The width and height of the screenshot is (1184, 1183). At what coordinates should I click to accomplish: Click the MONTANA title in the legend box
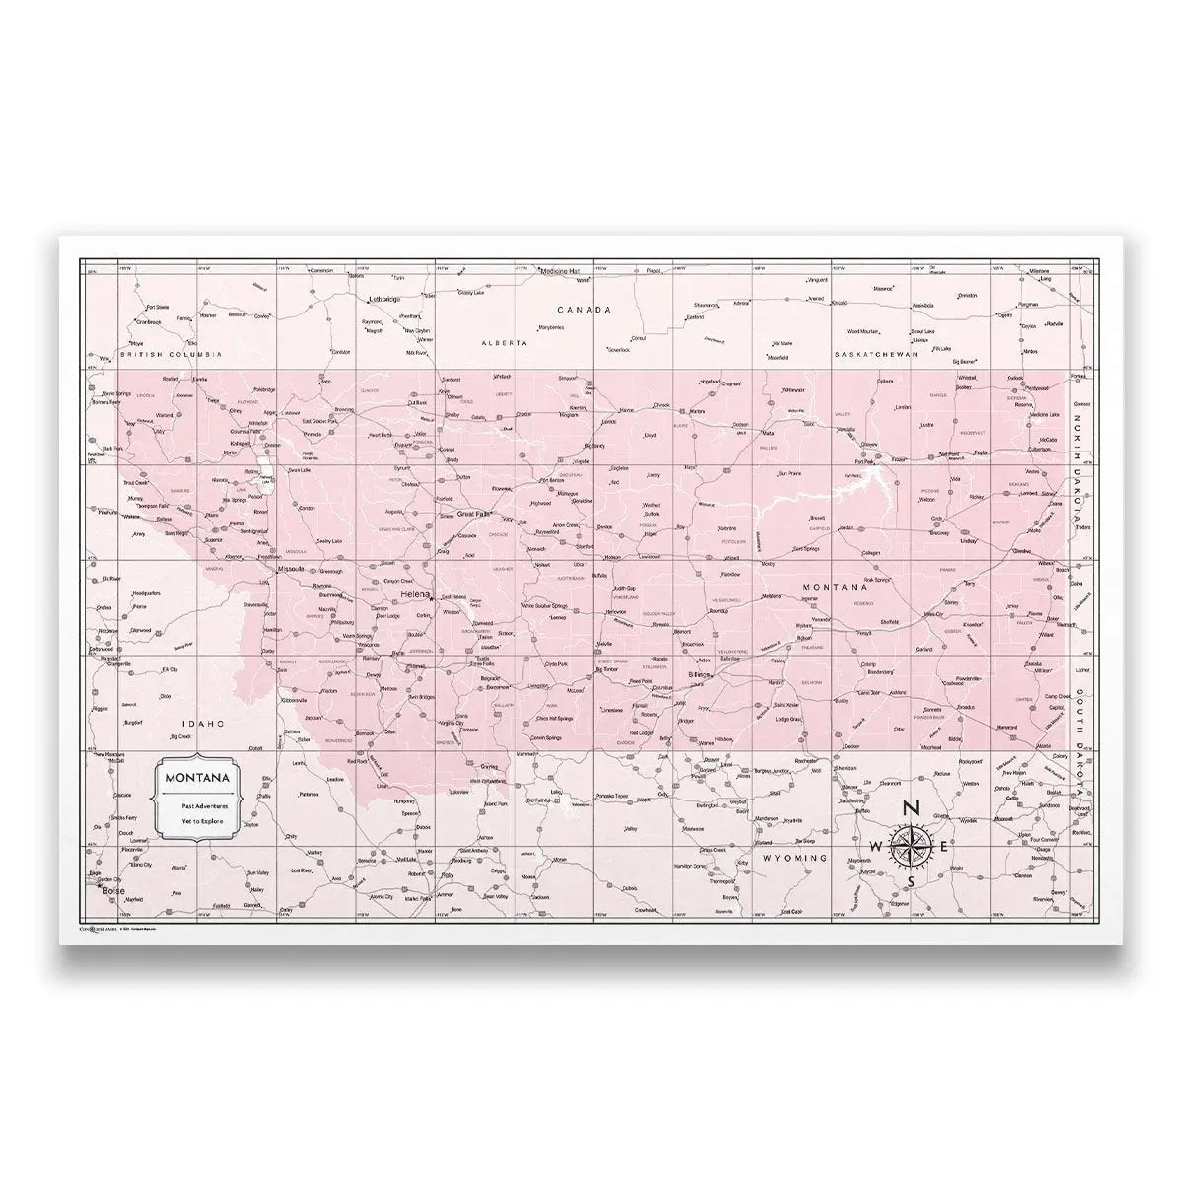[x=198, y=777]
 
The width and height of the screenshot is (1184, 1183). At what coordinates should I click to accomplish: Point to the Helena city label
[x=414, y=596]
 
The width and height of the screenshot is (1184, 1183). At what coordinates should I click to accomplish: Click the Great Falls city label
[x=472, y=514]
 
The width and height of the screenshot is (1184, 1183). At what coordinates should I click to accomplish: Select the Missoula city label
[x=291, y=570]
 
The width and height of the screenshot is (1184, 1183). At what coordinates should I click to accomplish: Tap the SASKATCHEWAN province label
[x=875, y=353]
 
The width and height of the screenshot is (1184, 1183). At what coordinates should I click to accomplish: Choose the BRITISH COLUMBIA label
[x=170, y=353]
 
